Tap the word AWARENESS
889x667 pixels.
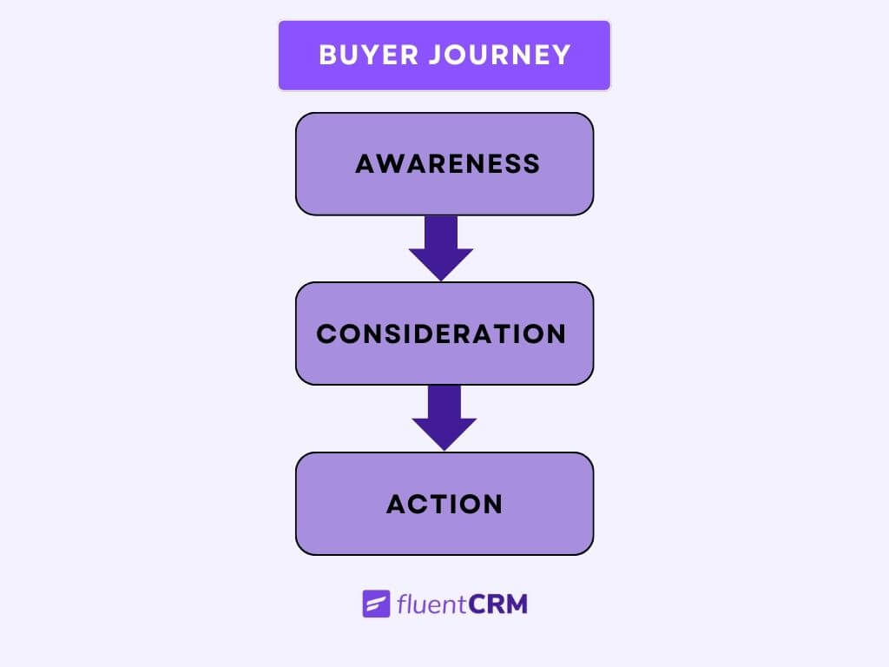coord(447,163)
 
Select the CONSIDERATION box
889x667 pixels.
coord(444,365)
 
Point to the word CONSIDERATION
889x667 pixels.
coord(441,333)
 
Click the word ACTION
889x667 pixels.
coord(444,504)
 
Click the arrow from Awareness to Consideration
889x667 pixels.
coord(441,247)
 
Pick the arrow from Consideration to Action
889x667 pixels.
coord(444,416)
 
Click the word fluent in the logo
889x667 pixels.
coord(431,604)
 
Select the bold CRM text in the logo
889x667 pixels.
coord(497,604)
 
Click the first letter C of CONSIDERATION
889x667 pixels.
coord(326,333)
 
